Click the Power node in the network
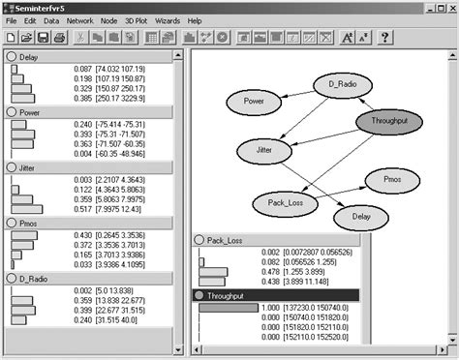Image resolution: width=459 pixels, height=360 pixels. (256, 101)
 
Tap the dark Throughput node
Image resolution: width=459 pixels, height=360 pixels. (390, 122)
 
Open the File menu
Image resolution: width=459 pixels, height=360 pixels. (12, 20)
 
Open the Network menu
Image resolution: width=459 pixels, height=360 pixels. (80, 20)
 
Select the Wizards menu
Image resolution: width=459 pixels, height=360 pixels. (167, 20)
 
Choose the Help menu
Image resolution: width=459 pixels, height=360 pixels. (195, 20)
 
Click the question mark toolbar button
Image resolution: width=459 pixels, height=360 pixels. (384, 38)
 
